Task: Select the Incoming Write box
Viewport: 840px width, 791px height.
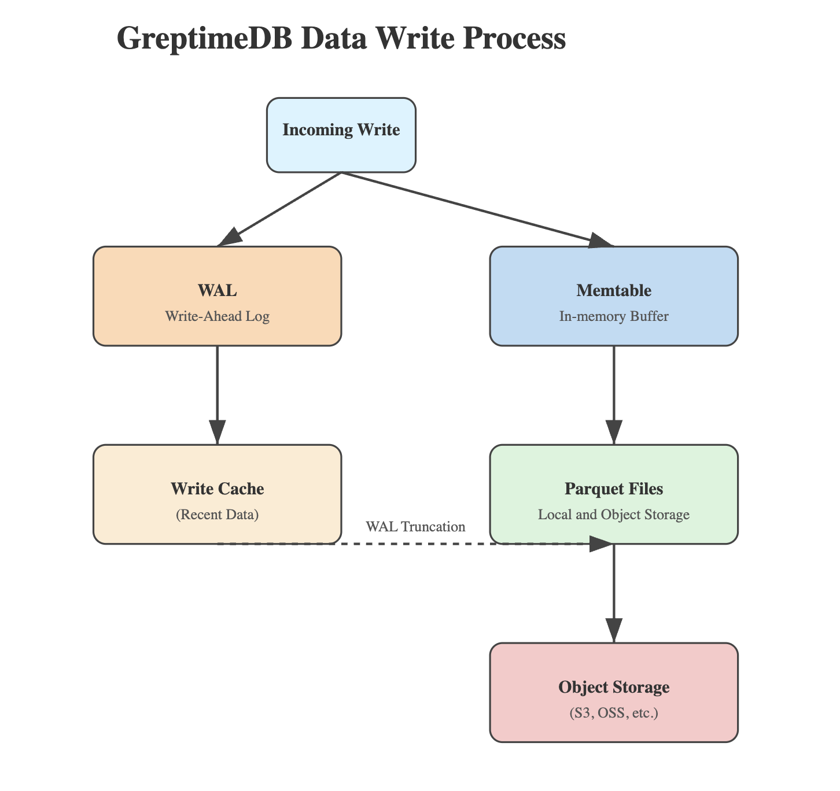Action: (341, 135)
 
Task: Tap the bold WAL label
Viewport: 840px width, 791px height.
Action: (217, 290)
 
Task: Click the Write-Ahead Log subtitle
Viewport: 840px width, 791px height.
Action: (217, 317)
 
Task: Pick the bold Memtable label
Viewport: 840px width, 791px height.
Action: (613, 290)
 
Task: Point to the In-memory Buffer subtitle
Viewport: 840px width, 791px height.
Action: (613, 317)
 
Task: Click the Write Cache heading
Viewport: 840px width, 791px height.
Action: (217, 489)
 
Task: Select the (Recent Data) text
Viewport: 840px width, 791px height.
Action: (217, 515)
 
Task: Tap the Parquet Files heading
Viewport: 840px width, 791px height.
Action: (613, 489)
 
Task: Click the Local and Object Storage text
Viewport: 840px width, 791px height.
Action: (613, 515)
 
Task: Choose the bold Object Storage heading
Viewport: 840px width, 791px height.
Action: (613, 687)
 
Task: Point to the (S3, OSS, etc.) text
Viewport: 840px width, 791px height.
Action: (613, 714)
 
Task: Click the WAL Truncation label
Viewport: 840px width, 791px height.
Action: (415, 527)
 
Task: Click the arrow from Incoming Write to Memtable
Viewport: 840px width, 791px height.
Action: (474, 209)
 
